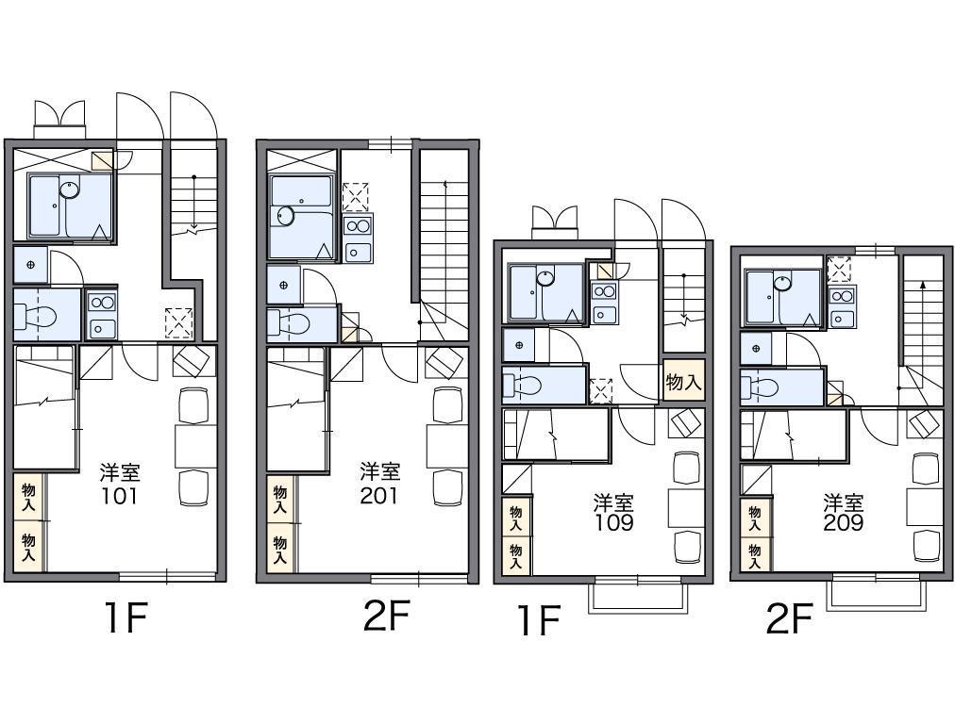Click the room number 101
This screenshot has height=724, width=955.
click(x=120, y=497)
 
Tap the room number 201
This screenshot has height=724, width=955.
click(x=378, y=495)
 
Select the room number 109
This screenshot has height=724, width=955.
click(x=614, y=522)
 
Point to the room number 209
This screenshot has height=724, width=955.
click(x=844, y=522)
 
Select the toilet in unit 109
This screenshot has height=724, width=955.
click(x=523, y=386)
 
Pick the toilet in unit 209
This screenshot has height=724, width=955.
click(x=760, y=387)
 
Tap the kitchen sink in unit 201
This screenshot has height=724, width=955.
click(x=358, y=252)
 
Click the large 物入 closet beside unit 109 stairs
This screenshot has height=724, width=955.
click(x=683, y=382)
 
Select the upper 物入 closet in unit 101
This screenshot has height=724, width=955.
click(x=28, y=497)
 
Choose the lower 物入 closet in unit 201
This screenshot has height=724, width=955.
click(x=280, y=549)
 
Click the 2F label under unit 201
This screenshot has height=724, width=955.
click(x=386, y=616)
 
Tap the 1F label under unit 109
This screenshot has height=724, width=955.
click(x=539, y=620)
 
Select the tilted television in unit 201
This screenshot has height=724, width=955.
click(x=445, y=364)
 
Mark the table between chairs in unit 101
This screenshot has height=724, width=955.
click(x=195, y=446)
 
